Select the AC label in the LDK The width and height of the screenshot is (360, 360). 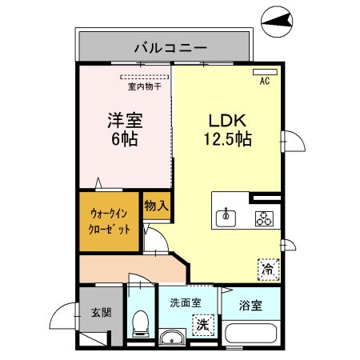pyautogui.click(x=263, y=81)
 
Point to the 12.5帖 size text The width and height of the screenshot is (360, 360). pyautogui.click(x=230, y=139)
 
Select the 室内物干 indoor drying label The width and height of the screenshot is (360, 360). pyautogui.click(x=145, y=86)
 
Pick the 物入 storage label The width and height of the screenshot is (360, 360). pyautogui.click(x=156, y=206)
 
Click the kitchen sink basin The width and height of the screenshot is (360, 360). pyautogui.click(x=227, y=216)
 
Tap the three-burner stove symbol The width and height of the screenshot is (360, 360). pyautogui.click(x=263, y=217)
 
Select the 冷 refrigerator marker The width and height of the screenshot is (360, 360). pyautogui.click(x=268, y=270)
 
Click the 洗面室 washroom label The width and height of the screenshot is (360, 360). pyautogui.click(x=185, y=303)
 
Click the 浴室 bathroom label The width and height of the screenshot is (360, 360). pyautogui.click(x=250, y=304)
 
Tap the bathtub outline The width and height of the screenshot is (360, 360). pyautogui.click(x=251, y=334)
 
